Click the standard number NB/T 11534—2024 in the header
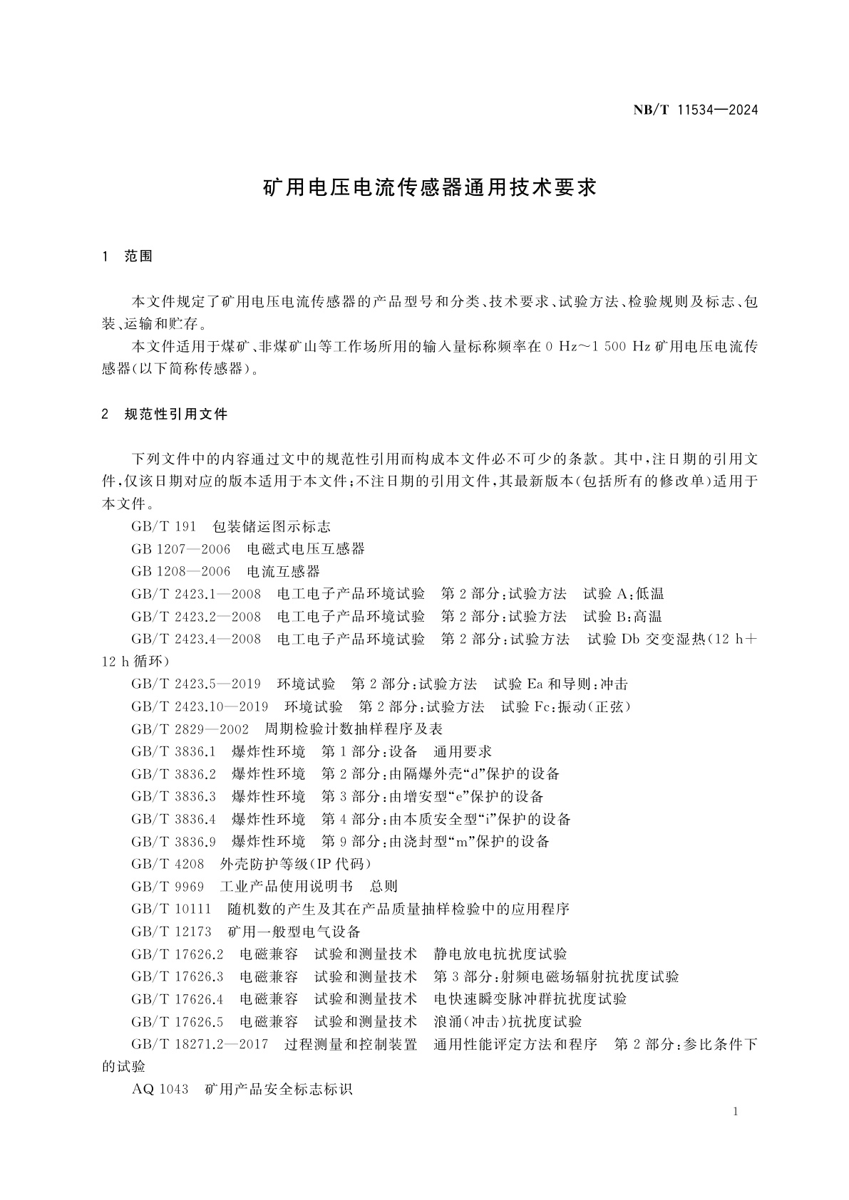[x=695, y=110]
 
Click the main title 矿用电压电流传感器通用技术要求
[x=430, y=187]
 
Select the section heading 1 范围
[x=128, y=256]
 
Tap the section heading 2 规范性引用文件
[x=165, y=414]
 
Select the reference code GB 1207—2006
[x=181, y=549]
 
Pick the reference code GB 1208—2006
[x=181, y=571]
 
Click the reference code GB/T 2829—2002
[x=190, y=729]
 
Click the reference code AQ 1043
[x=160, y=1089]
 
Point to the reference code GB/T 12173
[x=171, y=932]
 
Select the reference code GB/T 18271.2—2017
[x=200, y=1044]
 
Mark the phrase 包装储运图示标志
[x=272, y=526]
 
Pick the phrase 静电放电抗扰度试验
[x=500, y=954]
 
